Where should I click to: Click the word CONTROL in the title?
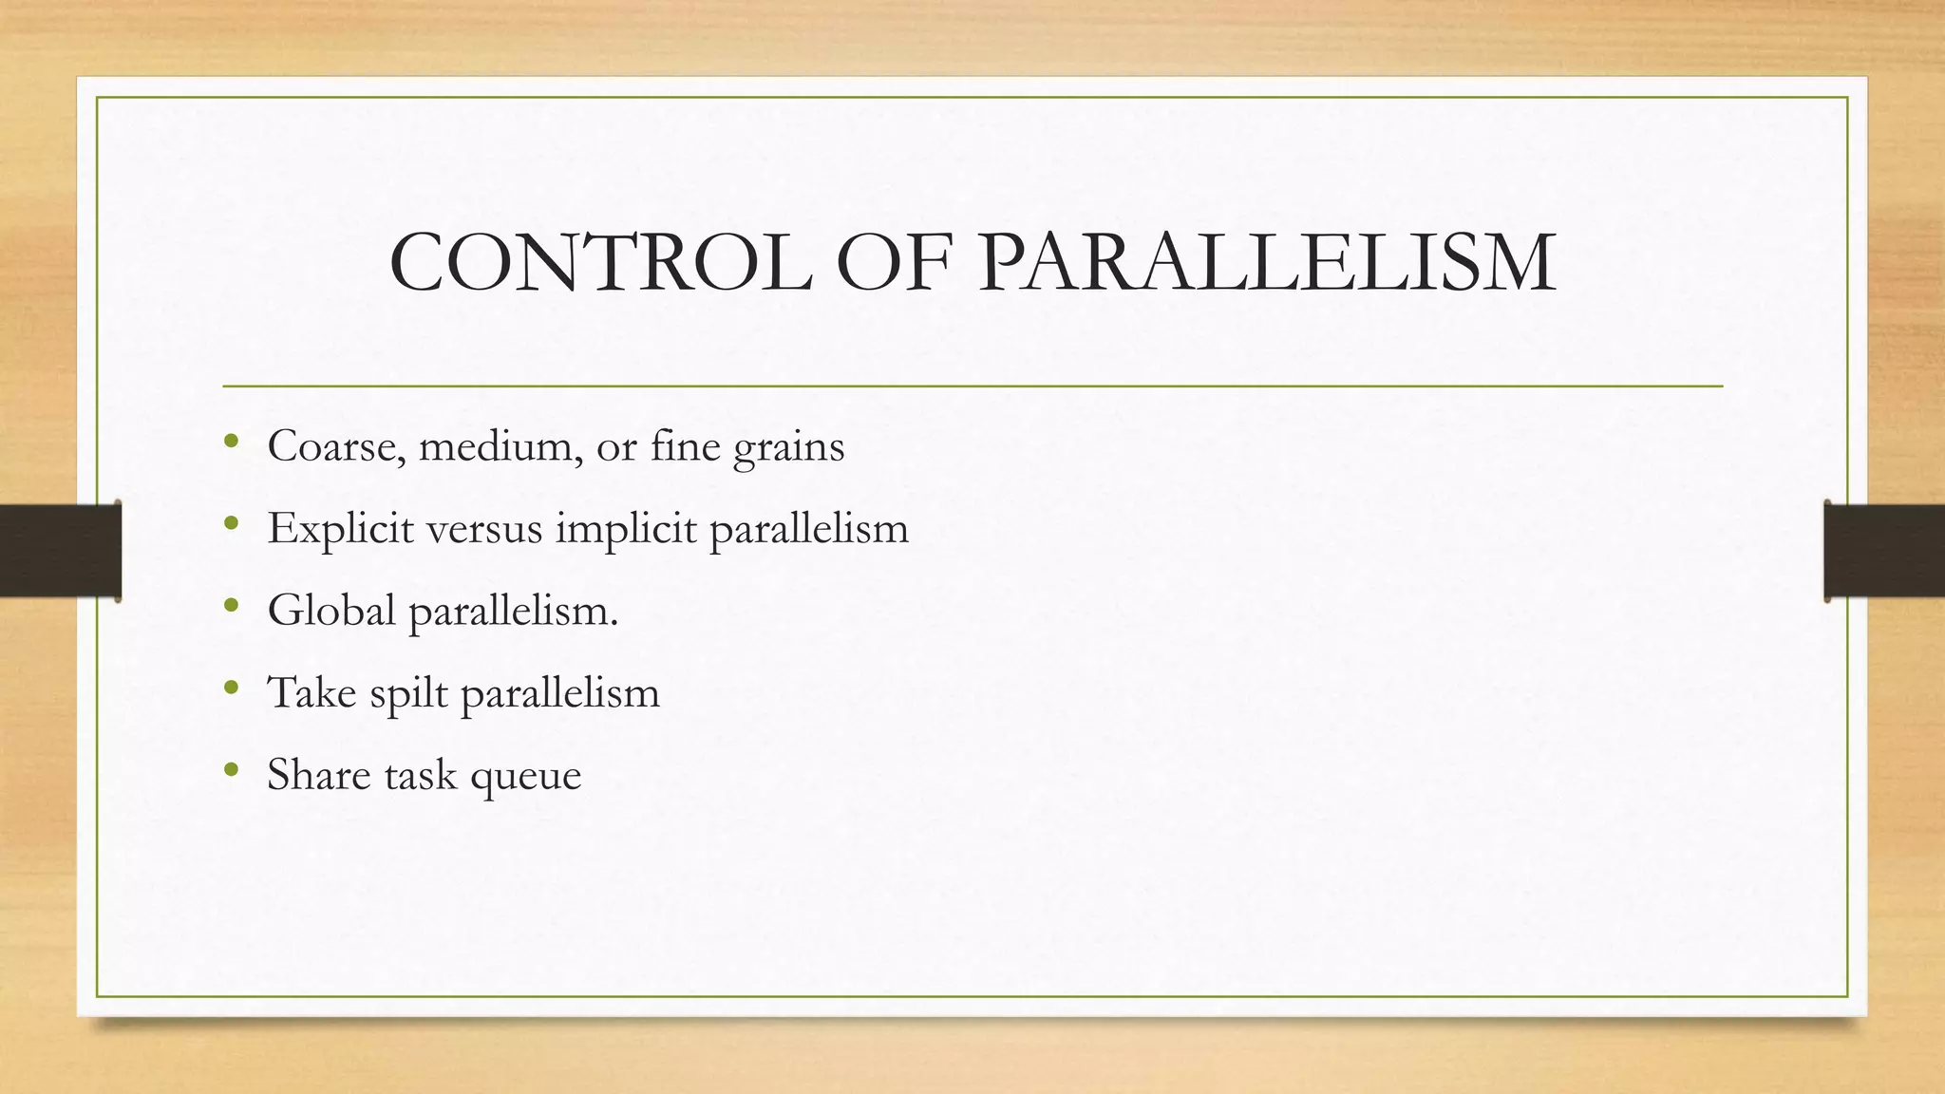pos(600,262)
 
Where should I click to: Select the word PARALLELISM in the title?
pos(1267,262)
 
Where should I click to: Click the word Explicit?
pos(341,528)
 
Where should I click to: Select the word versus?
pos(484,528)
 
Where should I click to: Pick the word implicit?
pos(626,528)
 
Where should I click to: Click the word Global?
pos(331,610)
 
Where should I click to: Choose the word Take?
pos(312,691)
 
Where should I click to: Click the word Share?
pos(319,774)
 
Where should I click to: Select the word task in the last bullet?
pos(420,774)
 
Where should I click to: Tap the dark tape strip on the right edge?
pos(1884,551)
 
